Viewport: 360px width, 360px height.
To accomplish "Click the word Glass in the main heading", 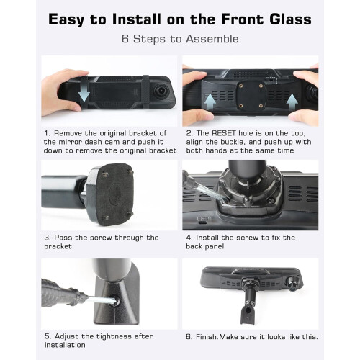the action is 290,19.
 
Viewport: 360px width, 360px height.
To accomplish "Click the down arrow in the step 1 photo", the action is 84,93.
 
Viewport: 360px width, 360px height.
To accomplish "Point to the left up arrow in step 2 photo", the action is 210,102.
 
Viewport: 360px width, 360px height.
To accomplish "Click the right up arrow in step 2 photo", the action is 292,102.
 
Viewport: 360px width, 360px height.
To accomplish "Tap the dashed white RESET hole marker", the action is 271,80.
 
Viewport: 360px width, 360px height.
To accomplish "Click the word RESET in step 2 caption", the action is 224,133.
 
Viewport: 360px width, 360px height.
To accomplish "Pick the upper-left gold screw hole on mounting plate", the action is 241,86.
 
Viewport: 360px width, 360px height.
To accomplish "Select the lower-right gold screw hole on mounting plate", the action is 261,106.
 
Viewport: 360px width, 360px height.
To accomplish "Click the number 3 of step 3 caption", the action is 47,238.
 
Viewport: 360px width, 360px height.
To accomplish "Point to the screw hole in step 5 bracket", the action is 116,300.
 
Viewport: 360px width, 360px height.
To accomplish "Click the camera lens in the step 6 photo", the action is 292,284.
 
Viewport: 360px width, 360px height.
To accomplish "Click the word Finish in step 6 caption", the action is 207,337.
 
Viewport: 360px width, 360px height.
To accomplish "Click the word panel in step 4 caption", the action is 215,246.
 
